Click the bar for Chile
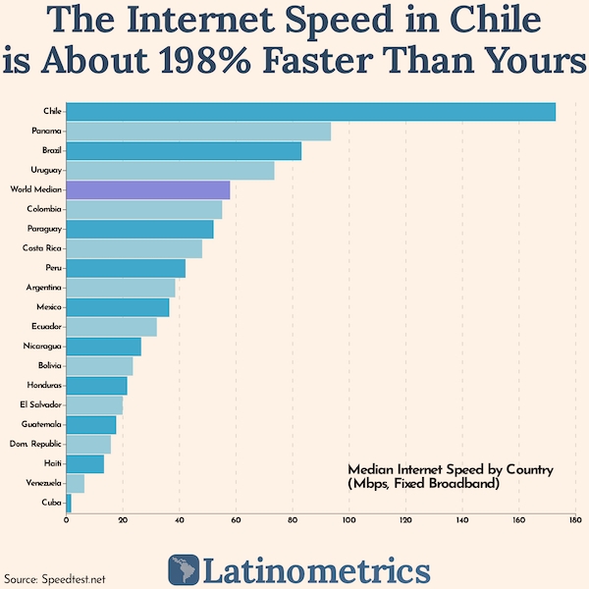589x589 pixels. point(310,112)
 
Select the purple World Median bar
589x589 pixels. point(147,190)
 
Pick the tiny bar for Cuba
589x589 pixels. point(69,503)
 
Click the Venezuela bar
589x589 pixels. point(75,483)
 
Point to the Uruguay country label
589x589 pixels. point(45,171)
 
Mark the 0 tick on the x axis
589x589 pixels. point(66,520)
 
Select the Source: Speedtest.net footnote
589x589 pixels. point(55,578)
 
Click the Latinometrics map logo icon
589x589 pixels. point(183,569)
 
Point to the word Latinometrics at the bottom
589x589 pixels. point(316,569)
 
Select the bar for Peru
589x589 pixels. point(126,268)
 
